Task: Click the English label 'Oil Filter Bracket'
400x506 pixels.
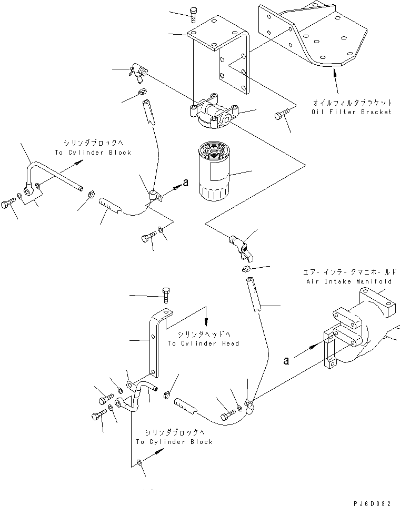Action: [x=351, y=112]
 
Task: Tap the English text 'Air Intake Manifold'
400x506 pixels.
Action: [x=348, y=281]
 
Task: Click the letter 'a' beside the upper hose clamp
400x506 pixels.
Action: [x=185, y=183]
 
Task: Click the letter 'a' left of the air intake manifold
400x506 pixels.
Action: [x=286, y=361]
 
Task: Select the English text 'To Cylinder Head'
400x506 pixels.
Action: [x=203, y=343]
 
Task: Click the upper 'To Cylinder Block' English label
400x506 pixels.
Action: [x=92, y=152]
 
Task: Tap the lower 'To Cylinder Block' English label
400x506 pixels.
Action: [x=174, y=442]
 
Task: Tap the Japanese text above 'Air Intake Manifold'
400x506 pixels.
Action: [x=350, y=272]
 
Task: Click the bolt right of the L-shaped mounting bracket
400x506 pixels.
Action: [x=278, y=116]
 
